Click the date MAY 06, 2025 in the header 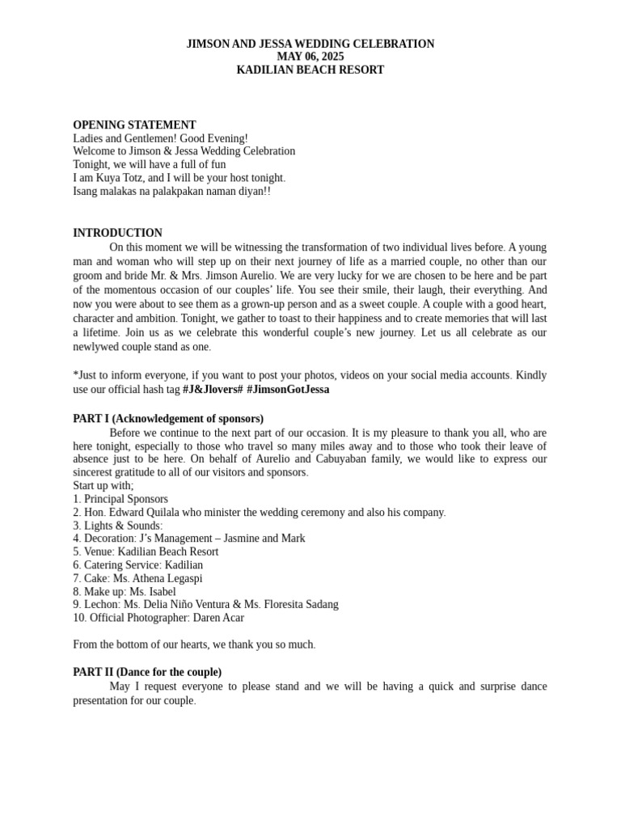click(310, 57)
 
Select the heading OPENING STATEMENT click(134, 125)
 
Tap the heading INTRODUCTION click(117, 233)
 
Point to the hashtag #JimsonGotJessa click(288, 389)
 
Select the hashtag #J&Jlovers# click(213, 389)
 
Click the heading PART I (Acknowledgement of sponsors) click(168, 419)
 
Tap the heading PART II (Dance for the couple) click(147, 672)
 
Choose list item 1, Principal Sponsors click(120, 499)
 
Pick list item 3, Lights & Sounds click(117, 526)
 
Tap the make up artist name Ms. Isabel click(153, 592)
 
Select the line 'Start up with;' click(103, 485)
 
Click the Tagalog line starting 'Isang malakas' click(171, 192)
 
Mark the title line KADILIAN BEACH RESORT click(310, 70)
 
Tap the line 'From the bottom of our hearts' click(194, 644)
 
